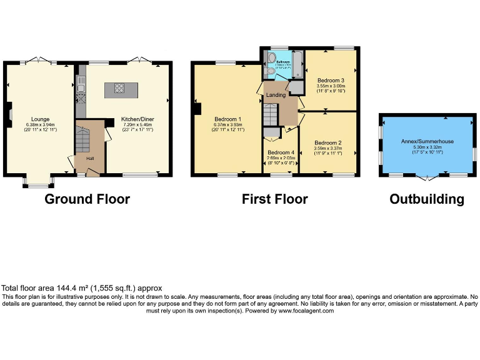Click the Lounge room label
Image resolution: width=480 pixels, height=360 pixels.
click(41, 119)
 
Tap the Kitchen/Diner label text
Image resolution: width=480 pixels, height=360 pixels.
click(138, 119)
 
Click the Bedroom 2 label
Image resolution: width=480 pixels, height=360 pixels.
click(327, 142)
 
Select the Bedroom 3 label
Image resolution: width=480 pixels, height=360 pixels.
click(330, 81)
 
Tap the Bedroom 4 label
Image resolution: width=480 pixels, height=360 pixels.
click(281, 152)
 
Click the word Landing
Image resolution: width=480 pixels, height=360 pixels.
click(276, 95)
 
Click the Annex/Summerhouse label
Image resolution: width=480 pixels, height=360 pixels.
click(427, 141)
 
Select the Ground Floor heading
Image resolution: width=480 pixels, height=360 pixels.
click(87, 199)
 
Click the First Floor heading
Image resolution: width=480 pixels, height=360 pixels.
click(275, 199)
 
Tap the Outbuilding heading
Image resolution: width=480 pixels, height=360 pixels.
click(427, 199)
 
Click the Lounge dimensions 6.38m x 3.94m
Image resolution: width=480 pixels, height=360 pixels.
click(41, 124)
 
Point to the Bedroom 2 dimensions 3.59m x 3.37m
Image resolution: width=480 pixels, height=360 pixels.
click(327, 148)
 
